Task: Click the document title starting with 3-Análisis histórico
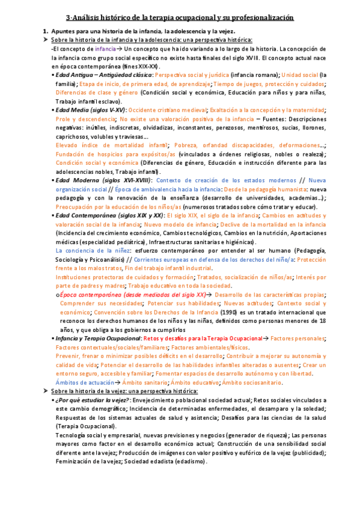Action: tap(180, 19)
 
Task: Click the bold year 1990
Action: tap(228, 313)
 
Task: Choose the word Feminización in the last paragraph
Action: tap(73, 461)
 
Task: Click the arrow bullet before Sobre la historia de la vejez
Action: tap(46, 391)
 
